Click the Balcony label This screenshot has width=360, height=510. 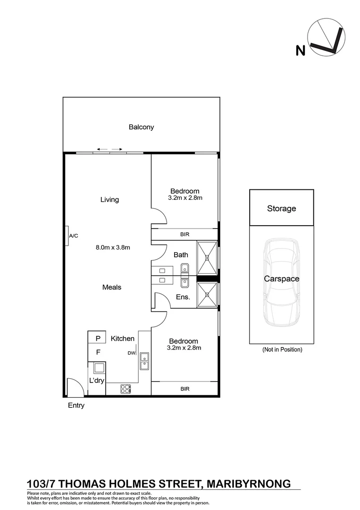pos(141,127)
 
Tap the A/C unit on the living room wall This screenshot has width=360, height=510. pos(67,235)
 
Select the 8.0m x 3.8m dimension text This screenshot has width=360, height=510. pos(113,247)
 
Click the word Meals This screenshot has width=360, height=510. pos(112,287)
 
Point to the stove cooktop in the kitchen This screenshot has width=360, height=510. pos(126,389)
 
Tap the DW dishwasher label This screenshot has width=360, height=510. pos(131,353)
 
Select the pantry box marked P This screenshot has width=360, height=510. pos(98,338)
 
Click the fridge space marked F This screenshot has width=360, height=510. pos(98,352)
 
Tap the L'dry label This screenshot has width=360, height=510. pos(96,380)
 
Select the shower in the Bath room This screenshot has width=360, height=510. pos(207,257)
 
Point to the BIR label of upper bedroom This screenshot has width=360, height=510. pos(185,234)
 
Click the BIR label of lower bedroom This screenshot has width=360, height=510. pos(185,389)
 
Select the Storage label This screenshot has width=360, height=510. pos(282,208)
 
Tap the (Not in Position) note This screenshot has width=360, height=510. pos(282,350)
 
